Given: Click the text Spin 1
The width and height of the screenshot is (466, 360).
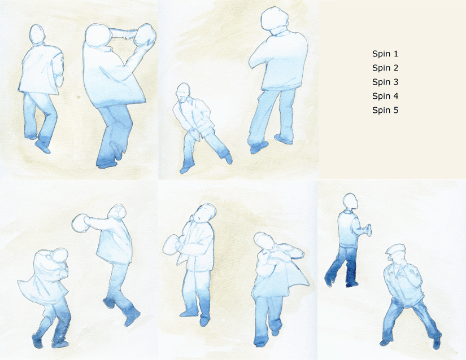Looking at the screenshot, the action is (x=385, y=54).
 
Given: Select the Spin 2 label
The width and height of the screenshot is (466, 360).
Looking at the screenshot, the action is (x=385, y=68).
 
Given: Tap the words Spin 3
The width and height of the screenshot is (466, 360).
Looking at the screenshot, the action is (x=385, y=82).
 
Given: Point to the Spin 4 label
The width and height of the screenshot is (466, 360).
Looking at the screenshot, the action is (x=385, y=96).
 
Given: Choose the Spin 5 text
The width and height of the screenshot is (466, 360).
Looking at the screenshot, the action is (x=385, y=111).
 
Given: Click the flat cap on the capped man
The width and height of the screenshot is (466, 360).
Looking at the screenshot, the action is (x=395, y=249).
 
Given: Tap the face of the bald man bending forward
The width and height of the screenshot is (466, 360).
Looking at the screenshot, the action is (x=184, y=95).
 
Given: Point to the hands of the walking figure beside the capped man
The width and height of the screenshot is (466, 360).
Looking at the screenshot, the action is (x=368, y=230).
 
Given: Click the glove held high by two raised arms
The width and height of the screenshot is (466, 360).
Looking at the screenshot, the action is (x=145, y=35).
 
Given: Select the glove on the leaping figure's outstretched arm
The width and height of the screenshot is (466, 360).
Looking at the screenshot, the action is (x=80, y=223).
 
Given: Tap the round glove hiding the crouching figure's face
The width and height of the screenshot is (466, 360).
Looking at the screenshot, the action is (x=59, y=256).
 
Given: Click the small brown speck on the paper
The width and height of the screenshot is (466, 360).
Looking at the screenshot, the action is (x=79, y=96).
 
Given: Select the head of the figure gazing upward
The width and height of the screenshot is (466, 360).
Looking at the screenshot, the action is (x=206, y=213).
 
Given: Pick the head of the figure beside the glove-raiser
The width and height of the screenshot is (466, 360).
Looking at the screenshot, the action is (x=37, y=34).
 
